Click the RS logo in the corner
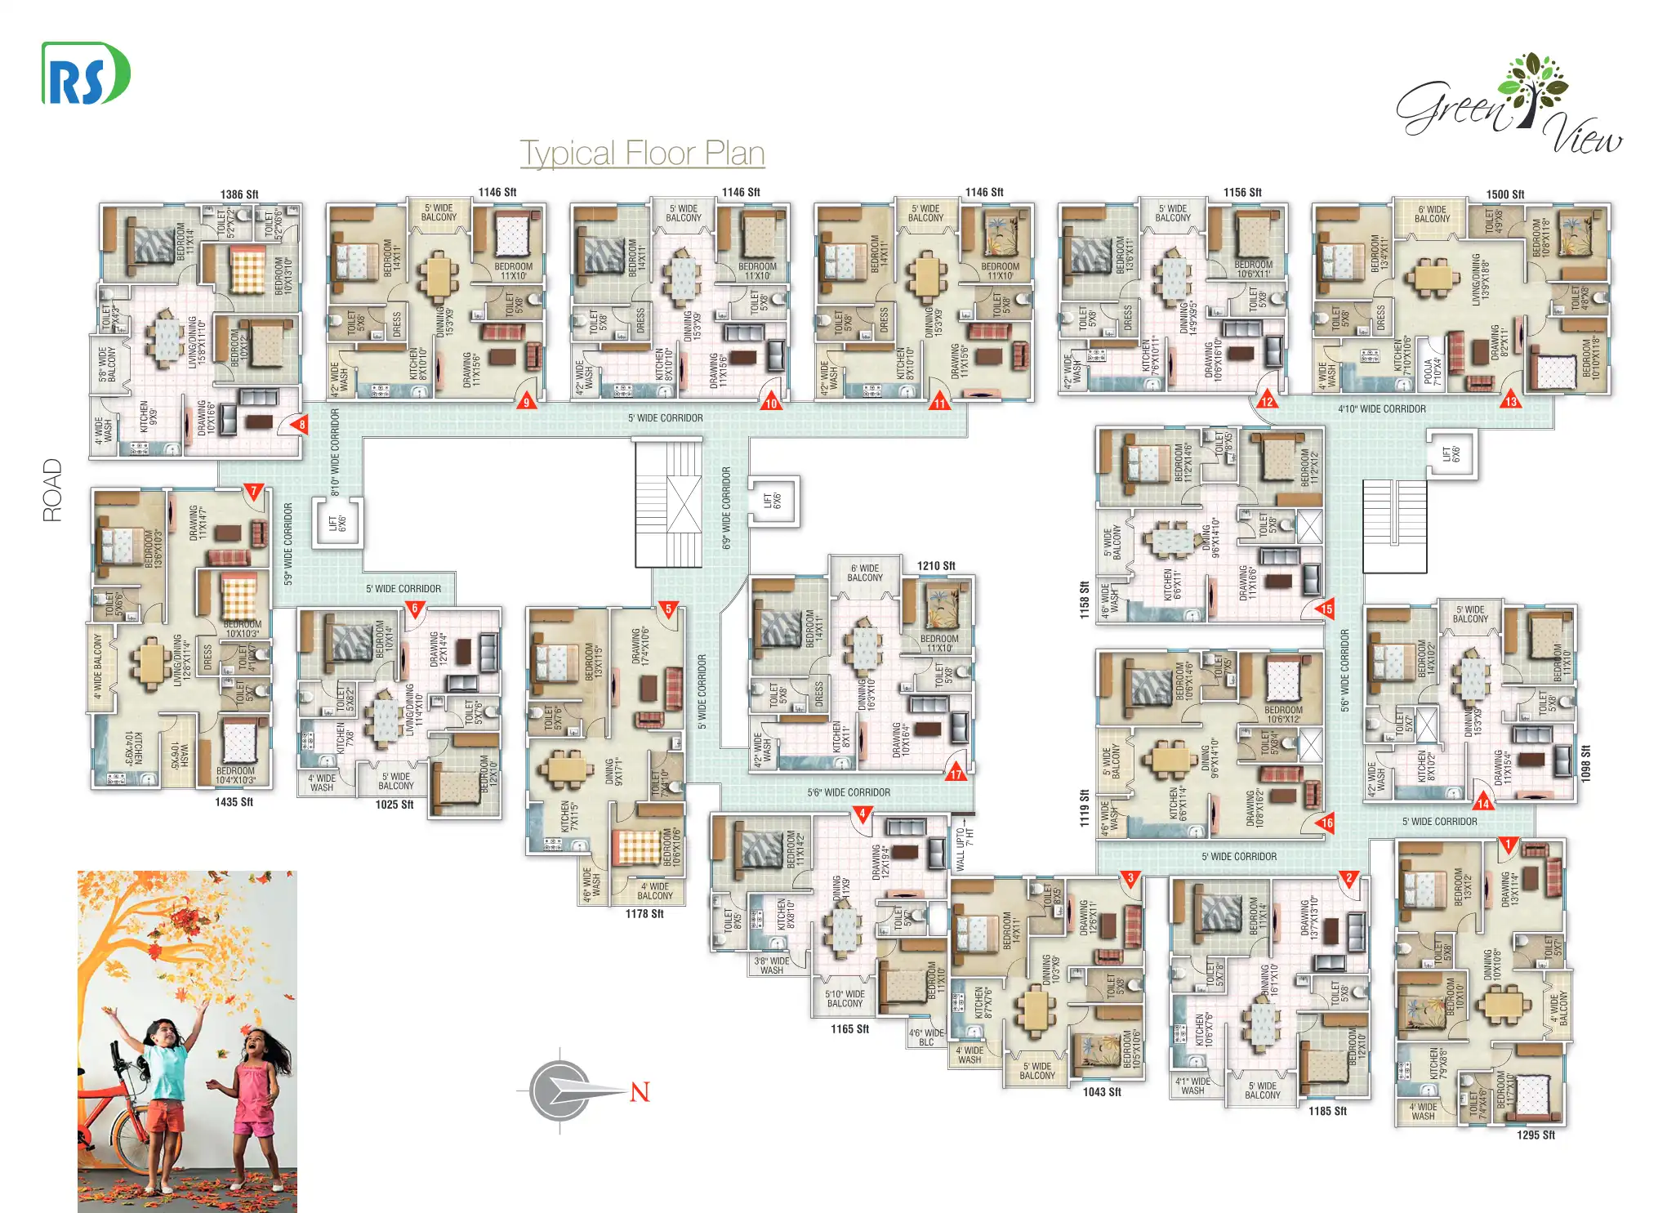(85, 74)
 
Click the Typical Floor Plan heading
(642, 153)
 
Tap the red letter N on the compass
(640, 1092)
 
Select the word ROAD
(52, 489)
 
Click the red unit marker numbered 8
(301, 425)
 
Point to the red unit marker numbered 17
(956, 773)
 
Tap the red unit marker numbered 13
(1511, 401)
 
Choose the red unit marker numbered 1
(1508, 845)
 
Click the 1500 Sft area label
(1504, 194)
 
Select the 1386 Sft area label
(238, 194)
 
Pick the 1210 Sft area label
(936, 565)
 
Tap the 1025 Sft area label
(394, 805)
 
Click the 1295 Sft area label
(1536, 1135)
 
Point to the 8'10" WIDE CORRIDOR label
(335, 452)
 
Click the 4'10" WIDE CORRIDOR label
(1381, 409)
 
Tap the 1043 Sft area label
(1101, 1092)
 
